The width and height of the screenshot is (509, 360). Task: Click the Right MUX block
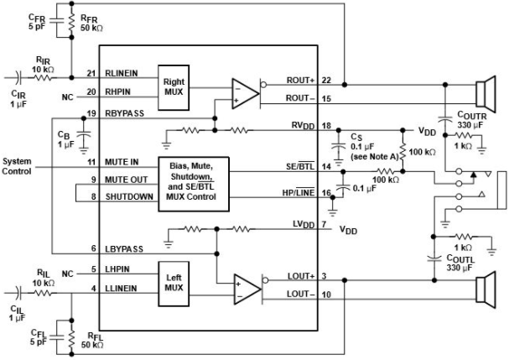click(x=174, y=88)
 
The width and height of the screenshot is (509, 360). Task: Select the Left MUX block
click(x=174, y=284)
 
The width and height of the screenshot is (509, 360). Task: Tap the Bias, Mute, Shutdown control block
click(x=194, y=185)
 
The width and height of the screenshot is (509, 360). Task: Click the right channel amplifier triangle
click(x=246, y=94)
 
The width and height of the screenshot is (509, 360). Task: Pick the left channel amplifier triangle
click(x=247, y=290)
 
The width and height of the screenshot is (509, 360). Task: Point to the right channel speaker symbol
click(x=486, y=94)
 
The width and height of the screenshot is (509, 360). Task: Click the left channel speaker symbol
click(x=486, y=290)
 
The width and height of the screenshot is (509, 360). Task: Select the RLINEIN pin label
click(x=122, y=74)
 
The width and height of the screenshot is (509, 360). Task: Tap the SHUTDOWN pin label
click(x=129, y=197)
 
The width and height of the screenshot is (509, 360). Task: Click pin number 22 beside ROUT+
click(x=326, y=81)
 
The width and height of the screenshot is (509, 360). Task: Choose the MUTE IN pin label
click(x=122, y=162)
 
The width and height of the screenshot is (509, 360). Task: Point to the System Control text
click(x=17, y=166)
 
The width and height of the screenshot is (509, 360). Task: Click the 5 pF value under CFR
click(x=37, y=26)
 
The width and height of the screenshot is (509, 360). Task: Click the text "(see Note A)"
click(x=374, y=157)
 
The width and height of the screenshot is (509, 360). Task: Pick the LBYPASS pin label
click(x=124, y=249)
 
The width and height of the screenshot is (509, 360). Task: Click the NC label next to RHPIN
click(x=68, y=97)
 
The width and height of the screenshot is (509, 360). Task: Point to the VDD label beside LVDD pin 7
click(x=348, y=230)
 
